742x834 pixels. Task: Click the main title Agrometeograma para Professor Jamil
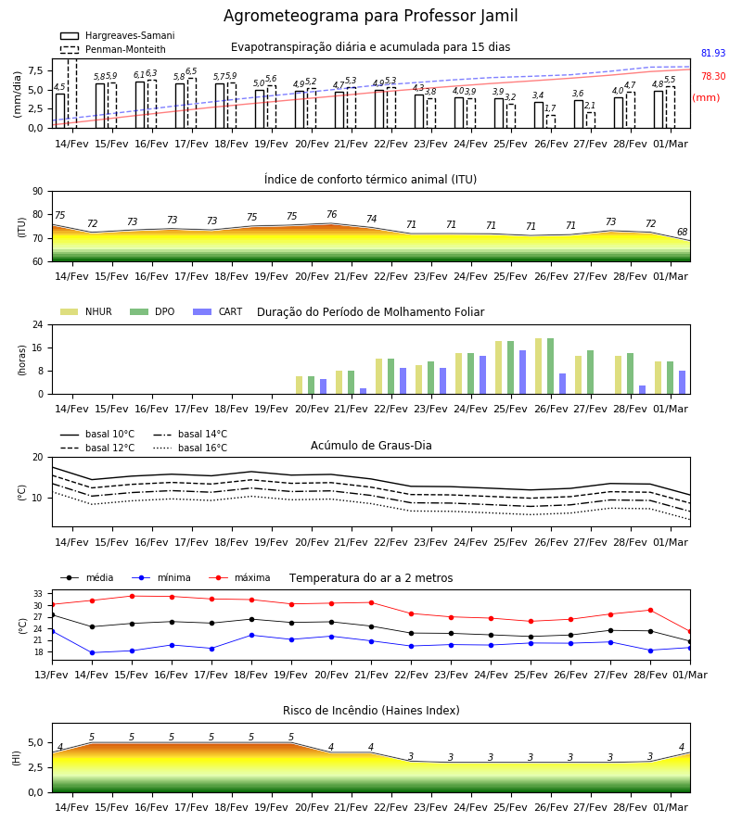[370, 16]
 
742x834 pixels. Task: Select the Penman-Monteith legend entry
[113, 49]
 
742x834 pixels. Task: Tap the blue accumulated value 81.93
[713, 53]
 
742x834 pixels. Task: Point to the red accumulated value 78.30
[713, 77]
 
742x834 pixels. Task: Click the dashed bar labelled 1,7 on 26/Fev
[550, 121]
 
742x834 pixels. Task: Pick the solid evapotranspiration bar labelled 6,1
[140, 105]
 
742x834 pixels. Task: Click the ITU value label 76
[332, 214]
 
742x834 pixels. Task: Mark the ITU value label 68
[683, 232]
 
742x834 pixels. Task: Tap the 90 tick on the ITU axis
[38, 192]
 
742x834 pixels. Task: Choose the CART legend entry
[218, 311]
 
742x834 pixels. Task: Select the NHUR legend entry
[86, 311]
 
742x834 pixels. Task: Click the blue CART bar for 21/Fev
[363, 391]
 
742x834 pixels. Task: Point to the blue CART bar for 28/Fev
[643, 390]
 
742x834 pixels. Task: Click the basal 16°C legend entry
[190, 448]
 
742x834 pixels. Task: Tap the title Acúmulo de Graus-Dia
[371, 446]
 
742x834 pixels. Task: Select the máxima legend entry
[239, 577]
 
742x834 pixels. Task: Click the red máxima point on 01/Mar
[690, 631]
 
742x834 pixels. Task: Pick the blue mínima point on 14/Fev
[92, 652]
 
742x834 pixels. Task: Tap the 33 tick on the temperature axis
[38, 594]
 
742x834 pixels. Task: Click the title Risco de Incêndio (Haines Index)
[371, 711]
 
